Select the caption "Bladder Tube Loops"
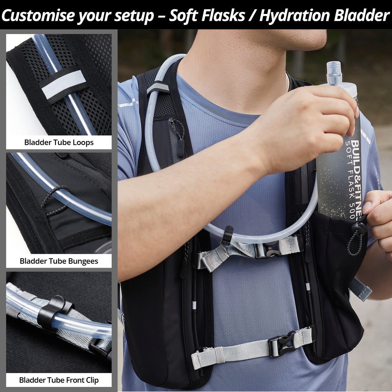tap(59, 142)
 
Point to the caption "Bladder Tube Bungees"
tap(59, 261)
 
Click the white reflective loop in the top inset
tap(63, 84)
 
